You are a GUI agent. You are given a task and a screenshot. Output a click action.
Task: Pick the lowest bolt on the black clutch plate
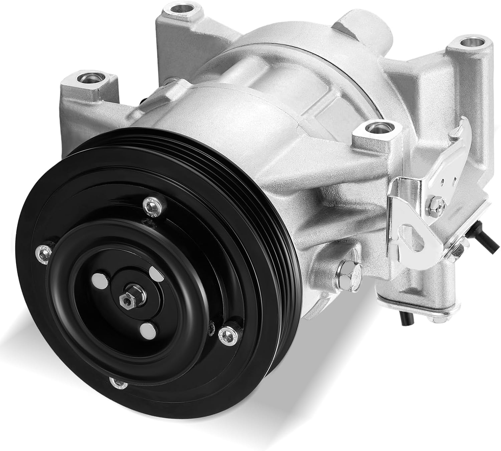(x=118, y=384)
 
